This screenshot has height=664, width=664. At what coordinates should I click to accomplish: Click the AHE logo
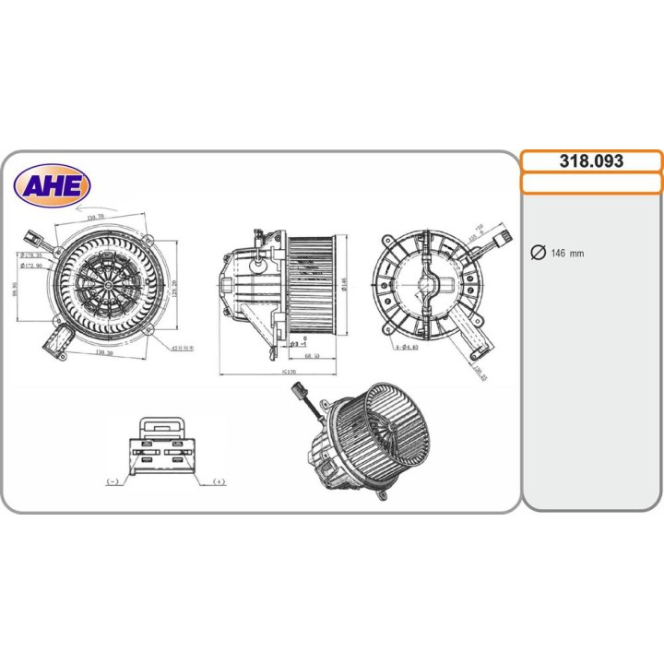[52, 187]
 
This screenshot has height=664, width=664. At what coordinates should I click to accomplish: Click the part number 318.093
[591, 160]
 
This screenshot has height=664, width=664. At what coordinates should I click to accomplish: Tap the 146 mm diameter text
[567, 254]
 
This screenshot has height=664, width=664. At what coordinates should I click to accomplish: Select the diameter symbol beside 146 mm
[539, 254]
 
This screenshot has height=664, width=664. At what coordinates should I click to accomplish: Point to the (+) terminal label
[219, 481]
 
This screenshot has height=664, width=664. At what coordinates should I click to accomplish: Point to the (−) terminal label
[113, 481]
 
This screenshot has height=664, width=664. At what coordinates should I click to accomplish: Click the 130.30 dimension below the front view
[102, 351]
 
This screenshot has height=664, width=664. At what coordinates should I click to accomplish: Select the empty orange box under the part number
[591, 183]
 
